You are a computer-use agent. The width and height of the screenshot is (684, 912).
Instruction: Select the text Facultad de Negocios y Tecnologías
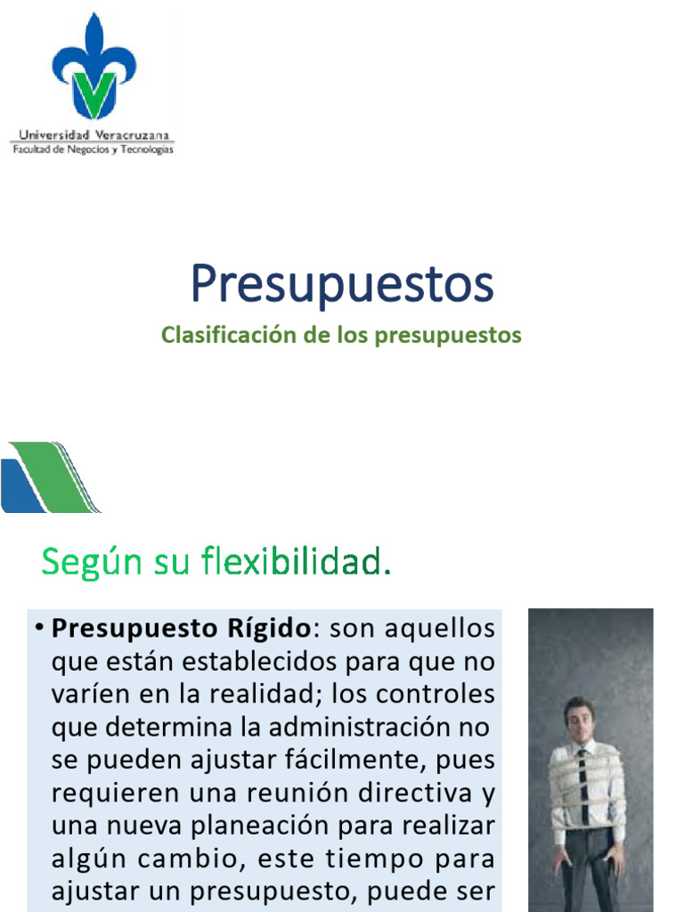93,150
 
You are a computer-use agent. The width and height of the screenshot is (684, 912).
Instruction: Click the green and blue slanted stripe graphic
49,477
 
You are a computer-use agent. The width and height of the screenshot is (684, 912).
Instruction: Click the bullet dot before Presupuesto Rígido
40,629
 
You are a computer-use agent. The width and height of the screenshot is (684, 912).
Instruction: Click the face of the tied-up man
579,719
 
